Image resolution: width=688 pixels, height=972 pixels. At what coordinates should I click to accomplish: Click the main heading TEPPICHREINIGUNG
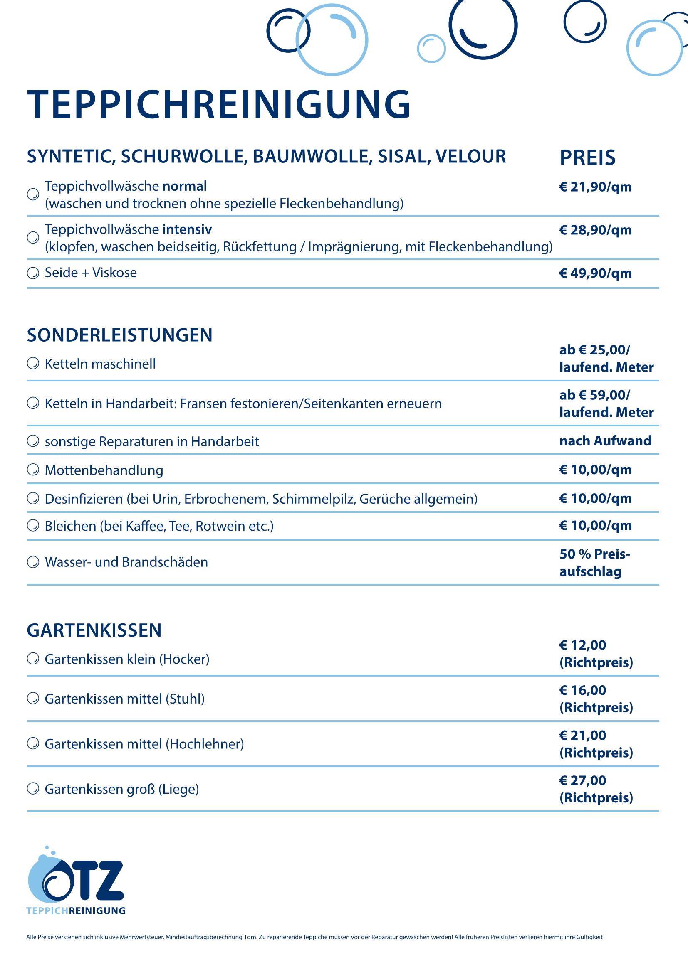pos(219,104)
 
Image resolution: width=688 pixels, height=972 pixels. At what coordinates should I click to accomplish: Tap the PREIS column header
pos(587,158)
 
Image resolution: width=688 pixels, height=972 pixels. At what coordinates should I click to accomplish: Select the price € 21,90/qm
pos(595,187)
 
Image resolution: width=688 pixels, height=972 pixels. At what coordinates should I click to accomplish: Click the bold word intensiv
pos(187,229)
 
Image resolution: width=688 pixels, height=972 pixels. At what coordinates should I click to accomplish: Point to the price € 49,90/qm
pos(595,273)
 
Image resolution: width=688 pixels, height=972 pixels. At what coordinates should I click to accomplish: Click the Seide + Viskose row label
pos(91,273)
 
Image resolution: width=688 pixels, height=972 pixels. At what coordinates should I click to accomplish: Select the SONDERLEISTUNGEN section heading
pos(119,335)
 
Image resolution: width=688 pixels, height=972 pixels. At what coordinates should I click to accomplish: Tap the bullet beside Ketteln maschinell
pos(32,364)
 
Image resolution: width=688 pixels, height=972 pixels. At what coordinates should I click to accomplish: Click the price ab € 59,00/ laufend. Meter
pos(606,404)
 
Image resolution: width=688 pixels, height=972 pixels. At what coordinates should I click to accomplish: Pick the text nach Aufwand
pos(605,441)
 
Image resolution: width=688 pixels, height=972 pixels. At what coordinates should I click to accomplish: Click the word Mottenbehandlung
pos(104,470)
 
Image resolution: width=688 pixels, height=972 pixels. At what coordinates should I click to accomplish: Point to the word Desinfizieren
pos(84,499)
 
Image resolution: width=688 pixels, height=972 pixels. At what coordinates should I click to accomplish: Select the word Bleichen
pos(71,526)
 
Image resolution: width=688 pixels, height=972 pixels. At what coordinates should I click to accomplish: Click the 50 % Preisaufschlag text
pos(594,563)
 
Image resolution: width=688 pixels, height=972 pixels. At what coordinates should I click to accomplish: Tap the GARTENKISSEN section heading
pos(94,630)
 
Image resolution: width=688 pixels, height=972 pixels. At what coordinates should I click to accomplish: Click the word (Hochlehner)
pos(205,744)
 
